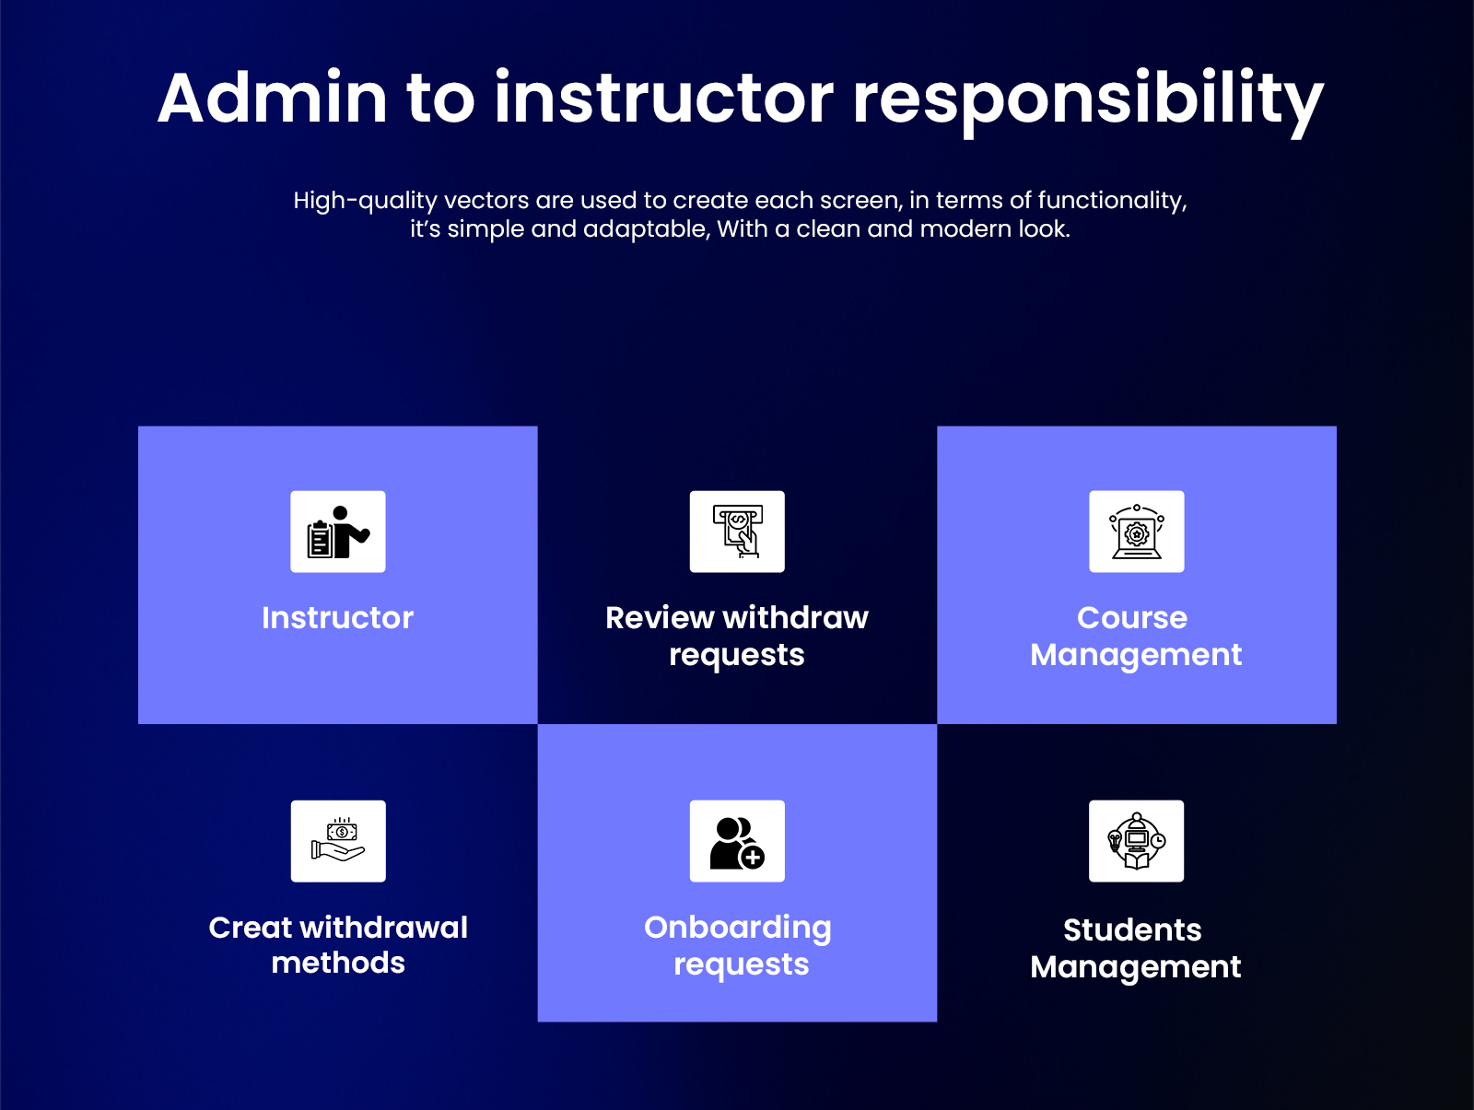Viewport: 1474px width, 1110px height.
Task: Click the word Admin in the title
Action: (273, 98)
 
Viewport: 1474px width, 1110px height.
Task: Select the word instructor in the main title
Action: (663, 98)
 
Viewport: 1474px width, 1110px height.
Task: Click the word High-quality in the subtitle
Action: (365, 201)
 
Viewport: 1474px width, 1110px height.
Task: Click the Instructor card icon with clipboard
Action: (338, 532)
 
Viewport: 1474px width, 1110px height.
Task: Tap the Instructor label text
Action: (337, 617)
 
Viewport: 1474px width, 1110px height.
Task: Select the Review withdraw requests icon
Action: (737, 532)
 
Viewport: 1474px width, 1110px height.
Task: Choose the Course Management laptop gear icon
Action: (1136, 532)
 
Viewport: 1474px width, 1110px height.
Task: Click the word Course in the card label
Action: (1131, 617)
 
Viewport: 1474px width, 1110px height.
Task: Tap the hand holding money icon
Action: (338, 841)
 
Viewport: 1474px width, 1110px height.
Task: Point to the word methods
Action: (338, 963)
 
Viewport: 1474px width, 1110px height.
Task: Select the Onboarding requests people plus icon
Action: (737, 841)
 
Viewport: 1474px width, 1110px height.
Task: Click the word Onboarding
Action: (737, 927)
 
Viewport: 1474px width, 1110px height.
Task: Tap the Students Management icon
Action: (1136, 841)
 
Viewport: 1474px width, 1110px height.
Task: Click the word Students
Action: (1131, 929)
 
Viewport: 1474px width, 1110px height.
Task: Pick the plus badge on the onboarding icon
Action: (753, 858)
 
